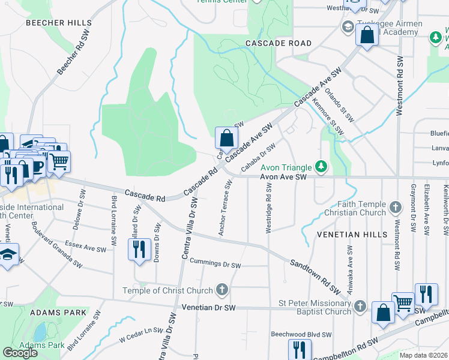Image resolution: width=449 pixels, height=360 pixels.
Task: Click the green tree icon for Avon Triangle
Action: (x=322, y=166)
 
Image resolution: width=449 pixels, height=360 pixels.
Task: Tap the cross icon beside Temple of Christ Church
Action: (x=222, y=290)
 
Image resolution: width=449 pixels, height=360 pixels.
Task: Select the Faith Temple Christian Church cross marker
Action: (x=395, y=208)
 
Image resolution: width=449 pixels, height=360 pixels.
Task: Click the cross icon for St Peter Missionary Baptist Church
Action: (x=360, y=307)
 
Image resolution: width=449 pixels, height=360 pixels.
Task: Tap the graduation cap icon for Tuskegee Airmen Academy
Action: (x=348, y=27)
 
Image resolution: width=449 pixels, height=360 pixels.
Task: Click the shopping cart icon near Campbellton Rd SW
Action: (x=403, y=303)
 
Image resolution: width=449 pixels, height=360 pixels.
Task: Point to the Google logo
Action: (x=20, y=353)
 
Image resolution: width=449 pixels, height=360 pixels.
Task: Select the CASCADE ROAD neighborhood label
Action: (x=279, y=43)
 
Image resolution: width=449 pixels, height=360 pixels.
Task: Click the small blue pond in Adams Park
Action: (x=40, y=331)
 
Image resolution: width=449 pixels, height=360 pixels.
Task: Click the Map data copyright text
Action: (x=423, y=355)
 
